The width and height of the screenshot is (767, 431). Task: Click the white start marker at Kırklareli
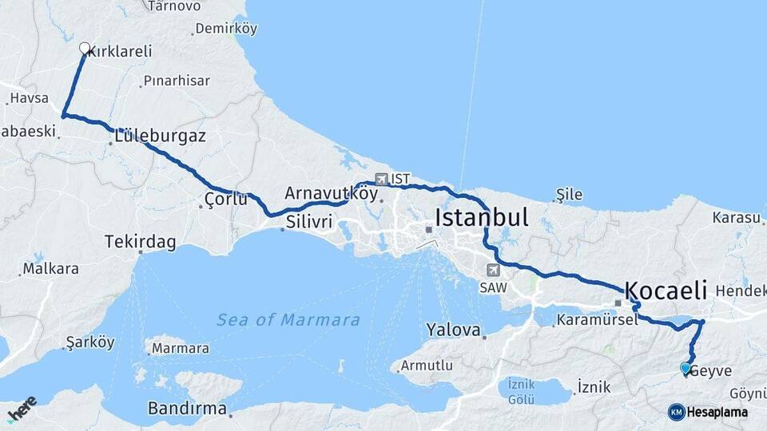85,48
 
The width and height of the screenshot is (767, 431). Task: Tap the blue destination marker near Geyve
686,368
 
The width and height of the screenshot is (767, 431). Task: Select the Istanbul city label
482,218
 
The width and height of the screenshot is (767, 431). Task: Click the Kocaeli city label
665,289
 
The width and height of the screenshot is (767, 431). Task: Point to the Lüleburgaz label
160,136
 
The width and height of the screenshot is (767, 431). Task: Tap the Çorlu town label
226,200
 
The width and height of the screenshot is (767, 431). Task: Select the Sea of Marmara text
288,320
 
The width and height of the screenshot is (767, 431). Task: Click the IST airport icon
381,180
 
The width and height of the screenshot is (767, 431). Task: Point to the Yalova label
453,330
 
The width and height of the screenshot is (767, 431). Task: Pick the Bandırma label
187,408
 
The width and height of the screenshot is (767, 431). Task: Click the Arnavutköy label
331,192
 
